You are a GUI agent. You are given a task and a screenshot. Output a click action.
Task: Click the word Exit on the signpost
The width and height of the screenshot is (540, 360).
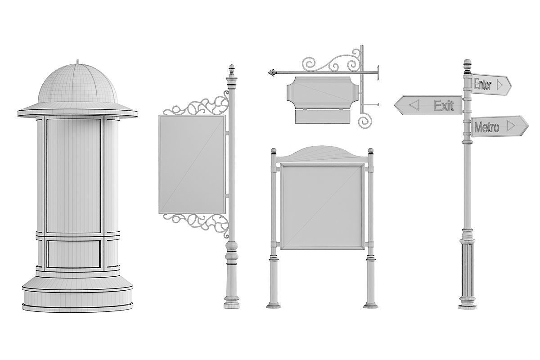[x=443, y=106]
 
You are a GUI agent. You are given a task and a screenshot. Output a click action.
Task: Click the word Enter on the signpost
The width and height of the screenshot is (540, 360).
[x=482, y=85]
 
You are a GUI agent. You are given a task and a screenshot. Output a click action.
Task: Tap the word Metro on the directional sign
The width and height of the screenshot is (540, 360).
[x=486, y=127]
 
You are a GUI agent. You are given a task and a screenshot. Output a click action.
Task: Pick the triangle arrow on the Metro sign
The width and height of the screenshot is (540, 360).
[x=511, y=126]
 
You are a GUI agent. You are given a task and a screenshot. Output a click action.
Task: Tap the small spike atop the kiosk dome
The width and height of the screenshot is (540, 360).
[x=77, y=62]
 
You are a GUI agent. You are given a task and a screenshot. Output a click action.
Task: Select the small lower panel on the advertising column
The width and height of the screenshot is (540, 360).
[x=73, y=254]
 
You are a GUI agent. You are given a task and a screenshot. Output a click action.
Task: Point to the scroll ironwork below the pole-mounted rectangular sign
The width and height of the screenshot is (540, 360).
[x=198, y=221]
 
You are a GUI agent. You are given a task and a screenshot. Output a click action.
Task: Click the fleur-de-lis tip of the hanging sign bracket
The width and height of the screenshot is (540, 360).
[x=272, y=72]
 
